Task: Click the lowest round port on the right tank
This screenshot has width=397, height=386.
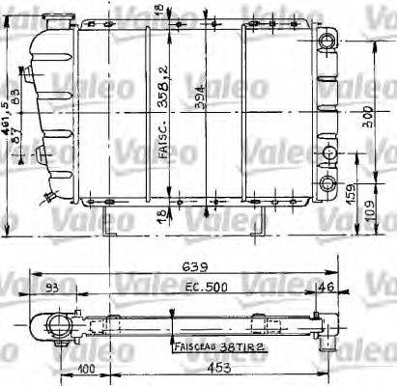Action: coord(331,184)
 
